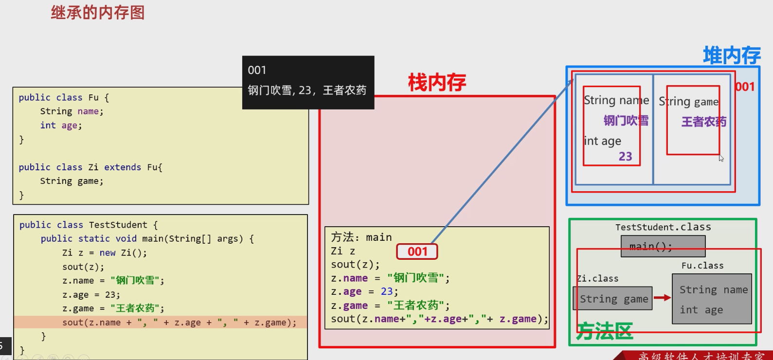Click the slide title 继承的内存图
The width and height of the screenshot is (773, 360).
(98, 13)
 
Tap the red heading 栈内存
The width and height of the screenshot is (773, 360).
(437, 83)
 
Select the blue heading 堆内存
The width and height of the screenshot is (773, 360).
(731, 55)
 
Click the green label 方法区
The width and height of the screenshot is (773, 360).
(605, 331)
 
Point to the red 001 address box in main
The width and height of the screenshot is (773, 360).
(417, 252)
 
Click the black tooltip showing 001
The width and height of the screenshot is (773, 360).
(308, 82)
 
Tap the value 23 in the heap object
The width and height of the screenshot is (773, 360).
(625, 156)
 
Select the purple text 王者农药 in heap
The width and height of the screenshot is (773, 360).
(703, 122)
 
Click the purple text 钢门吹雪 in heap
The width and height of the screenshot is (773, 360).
(626, 120)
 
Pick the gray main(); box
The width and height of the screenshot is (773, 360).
(663, 246)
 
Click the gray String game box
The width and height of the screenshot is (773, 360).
(613, 299)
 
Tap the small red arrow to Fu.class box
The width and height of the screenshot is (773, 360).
(662, 298)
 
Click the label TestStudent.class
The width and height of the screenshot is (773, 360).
(663, 227)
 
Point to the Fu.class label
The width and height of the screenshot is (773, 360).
(702, 266)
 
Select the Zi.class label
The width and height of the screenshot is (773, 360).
(597, 278)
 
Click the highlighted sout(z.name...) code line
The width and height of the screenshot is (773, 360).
(179, 322)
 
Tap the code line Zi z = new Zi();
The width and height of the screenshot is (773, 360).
(104, 252)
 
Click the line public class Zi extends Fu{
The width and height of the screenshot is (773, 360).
(90, 167)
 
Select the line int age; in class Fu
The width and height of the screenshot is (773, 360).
(61, 125)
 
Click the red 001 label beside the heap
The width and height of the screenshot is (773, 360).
(745, 87)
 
